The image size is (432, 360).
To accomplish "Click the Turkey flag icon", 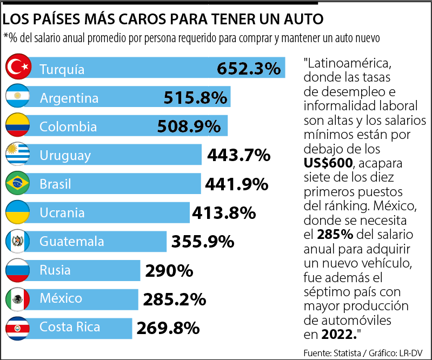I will pos(17,68).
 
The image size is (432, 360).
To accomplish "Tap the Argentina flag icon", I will pos(17,97).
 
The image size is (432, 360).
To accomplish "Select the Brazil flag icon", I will pos(17,184).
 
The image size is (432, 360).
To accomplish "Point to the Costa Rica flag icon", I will pos(17,328).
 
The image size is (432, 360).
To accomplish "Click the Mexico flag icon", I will pos(17,299).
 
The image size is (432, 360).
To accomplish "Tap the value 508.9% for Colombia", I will pos(189,126).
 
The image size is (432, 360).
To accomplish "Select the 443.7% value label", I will pos(238,156).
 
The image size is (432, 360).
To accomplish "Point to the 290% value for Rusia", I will pos(168,270).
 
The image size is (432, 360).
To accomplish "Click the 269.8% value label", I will pos(168,328).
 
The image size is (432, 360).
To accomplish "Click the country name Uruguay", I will pos(65,156).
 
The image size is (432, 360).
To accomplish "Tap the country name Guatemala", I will pos(72,242).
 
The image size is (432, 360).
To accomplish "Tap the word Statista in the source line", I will pos(348,352).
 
